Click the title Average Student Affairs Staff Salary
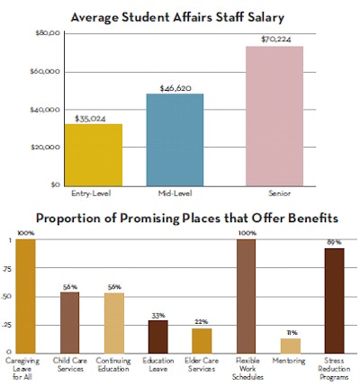pyautogui.click(x=180, y=14)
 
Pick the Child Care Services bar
pyautogui.click(x=68, y=321)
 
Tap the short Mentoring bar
pyautogui.click(x=290, y=345)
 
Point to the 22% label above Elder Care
pyautogui.click(x=202, y=322)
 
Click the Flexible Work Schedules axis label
pyautogui.click(x=246, y=367)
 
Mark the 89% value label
pyautogui.click(x=333, y=242)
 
